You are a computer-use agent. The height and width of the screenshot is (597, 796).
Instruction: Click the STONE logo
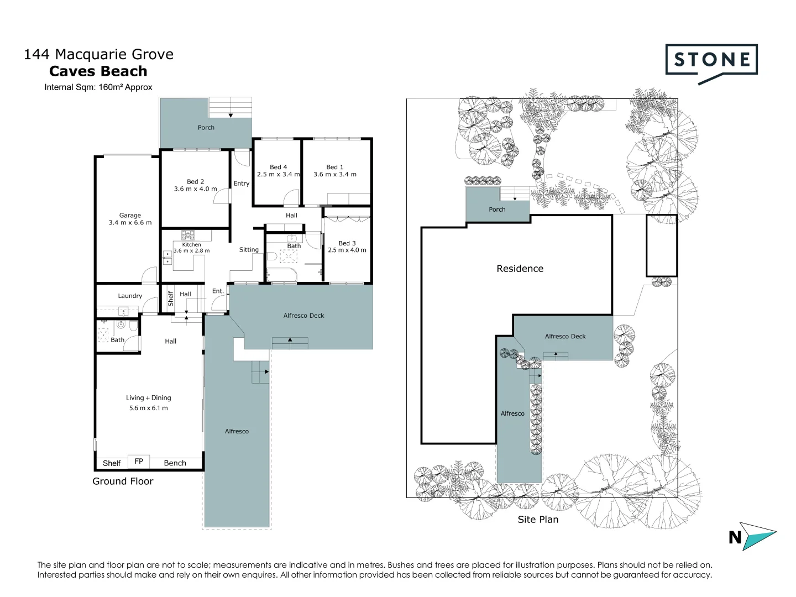coord(711,60)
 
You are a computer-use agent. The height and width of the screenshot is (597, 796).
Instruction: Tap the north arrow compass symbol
coord(755,536)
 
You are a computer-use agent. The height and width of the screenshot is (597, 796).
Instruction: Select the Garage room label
coord(130,216)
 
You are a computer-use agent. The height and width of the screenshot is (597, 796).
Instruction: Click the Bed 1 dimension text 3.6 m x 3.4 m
coord(335,175)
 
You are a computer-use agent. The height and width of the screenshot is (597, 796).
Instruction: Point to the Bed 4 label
coord(278,167)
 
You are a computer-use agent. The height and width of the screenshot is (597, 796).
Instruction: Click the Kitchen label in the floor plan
coord(192,244)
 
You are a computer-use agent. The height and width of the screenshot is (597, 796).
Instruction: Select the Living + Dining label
coord(148,398)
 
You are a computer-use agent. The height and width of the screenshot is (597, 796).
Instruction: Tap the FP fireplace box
coord(139,462)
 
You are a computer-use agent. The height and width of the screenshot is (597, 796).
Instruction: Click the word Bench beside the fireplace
coord(175,463)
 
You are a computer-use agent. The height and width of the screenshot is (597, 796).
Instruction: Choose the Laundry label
coord(130,296)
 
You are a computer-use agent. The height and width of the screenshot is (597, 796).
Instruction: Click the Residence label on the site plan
coord(520,269)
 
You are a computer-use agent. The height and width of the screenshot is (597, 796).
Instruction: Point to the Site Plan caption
coord(538,520)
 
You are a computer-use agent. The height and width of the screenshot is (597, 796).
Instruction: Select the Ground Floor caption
coord(123,481)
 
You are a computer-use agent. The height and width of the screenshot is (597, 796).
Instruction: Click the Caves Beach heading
coord(98,71)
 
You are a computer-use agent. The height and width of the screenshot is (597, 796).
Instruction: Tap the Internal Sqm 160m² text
coord(98,87)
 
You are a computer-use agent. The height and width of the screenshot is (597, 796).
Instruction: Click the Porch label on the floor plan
coord(206,128)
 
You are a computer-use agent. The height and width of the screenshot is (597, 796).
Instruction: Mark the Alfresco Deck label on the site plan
coord(565,336)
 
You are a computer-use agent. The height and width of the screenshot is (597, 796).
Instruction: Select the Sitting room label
coord(249,250)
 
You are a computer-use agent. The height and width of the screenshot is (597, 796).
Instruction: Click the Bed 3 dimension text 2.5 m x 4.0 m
coord(347,250)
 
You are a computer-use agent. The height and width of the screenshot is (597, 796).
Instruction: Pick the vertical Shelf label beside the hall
coord(171,298)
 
